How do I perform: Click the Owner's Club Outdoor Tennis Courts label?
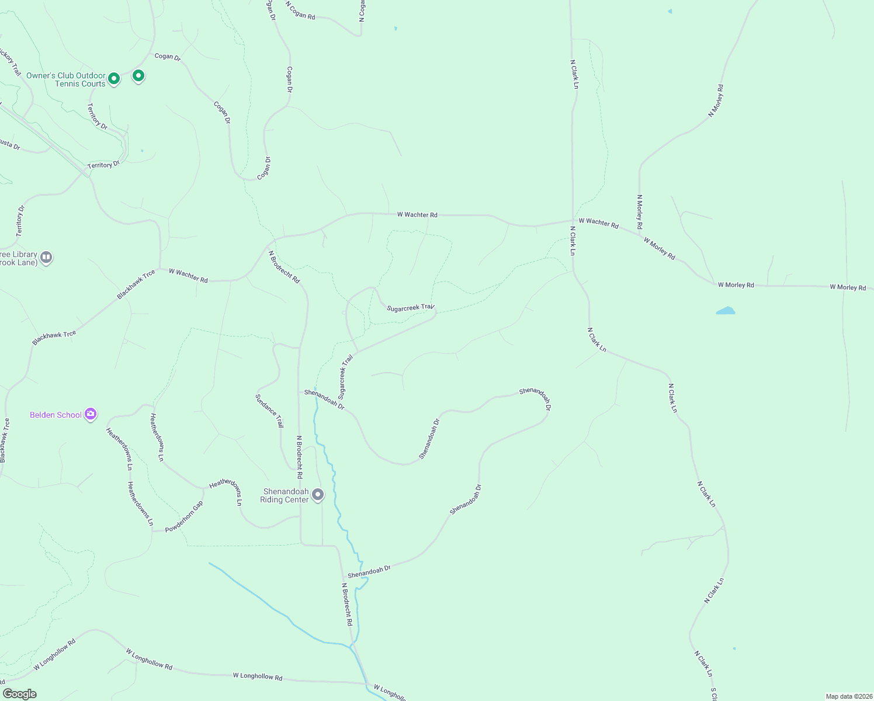click(66, 79)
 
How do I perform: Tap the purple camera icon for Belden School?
click(90, 414)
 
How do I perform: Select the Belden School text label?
click(56, 415)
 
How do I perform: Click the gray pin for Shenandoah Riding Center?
click(318, 495)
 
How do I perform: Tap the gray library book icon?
click(46, 257)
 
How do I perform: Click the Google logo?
click(20, 694)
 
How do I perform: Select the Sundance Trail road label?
click(269, 411)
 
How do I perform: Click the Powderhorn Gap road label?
click(184, 517)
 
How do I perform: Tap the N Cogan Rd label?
click(300, 11)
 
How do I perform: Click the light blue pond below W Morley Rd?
click(726, 311)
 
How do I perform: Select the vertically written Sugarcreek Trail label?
click(345, 376)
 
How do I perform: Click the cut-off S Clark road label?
click(713, 694)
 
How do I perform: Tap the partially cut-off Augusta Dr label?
click(9, 144)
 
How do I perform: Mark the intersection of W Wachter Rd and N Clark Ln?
click(573, 221)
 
